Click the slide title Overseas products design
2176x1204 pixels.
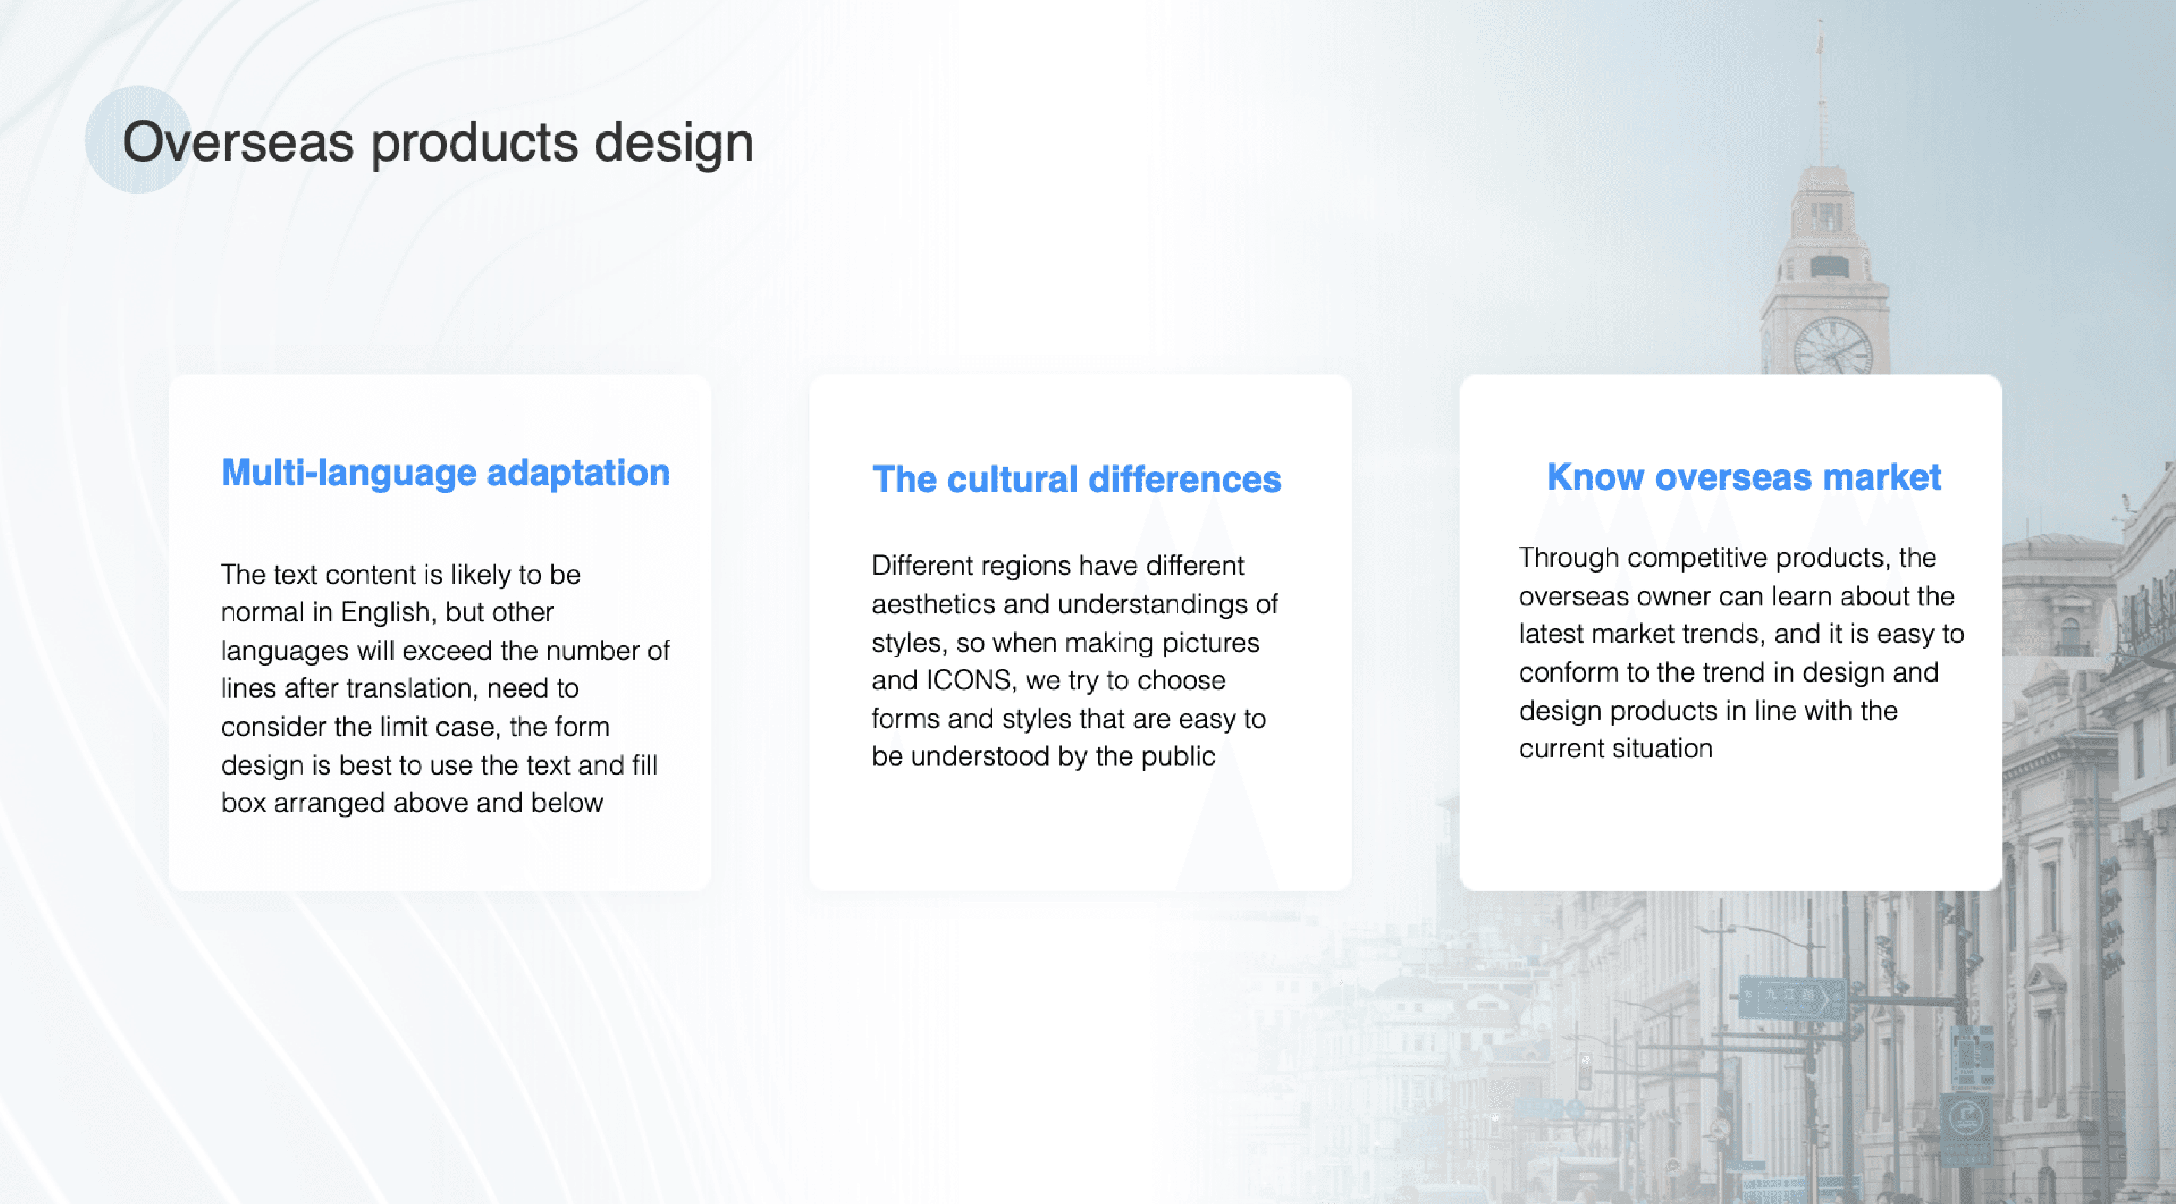tap(438, 142)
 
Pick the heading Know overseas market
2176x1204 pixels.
tap(1743, 477)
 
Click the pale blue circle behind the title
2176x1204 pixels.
tap(138, 140)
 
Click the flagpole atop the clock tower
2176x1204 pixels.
tap(1821, 93)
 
